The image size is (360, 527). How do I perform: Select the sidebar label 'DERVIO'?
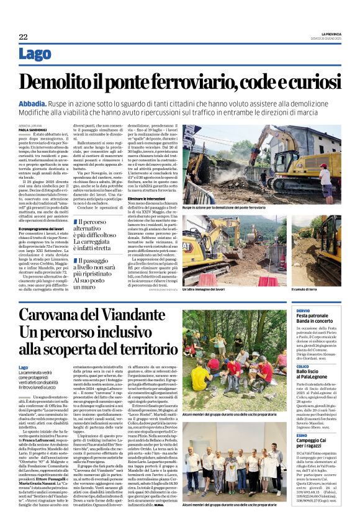coord(303,310)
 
